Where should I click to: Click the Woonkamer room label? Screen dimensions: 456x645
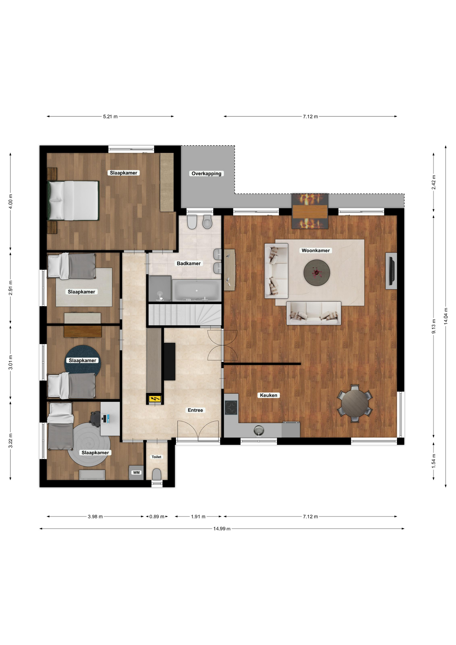316,250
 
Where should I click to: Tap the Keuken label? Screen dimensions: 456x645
269,395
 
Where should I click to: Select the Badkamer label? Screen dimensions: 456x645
189,263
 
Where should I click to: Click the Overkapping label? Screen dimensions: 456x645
207,173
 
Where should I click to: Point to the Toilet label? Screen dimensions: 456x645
156,457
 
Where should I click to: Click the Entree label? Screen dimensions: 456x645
195,410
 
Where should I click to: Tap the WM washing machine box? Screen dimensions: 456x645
136,472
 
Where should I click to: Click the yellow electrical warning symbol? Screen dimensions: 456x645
155,399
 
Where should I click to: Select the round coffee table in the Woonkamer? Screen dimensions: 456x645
317,272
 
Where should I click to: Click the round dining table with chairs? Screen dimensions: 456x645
355,403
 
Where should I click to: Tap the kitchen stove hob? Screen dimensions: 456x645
231,407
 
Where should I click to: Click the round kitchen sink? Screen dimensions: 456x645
258,430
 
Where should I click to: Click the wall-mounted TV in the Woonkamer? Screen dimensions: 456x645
391,271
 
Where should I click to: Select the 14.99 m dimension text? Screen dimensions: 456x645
222,528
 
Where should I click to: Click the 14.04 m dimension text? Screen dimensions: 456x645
446,316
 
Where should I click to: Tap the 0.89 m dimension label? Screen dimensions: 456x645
157,516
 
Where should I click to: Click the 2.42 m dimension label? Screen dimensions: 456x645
434,182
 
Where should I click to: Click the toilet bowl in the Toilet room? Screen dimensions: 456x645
157,474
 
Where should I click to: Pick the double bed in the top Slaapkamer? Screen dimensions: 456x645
74,201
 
